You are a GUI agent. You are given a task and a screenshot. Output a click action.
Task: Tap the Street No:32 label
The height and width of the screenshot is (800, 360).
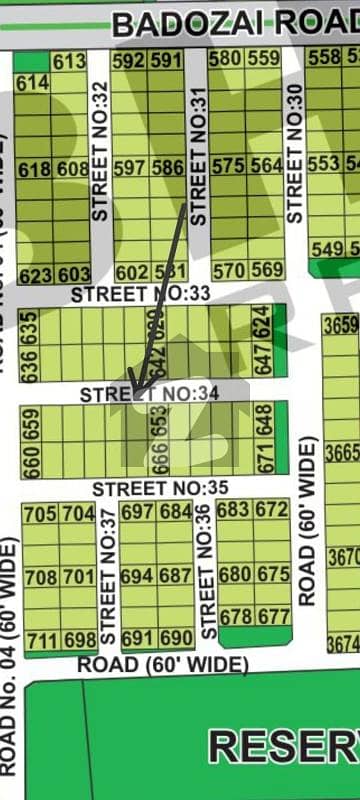[x=99, y=150]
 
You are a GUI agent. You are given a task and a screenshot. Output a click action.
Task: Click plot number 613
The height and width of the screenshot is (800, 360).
[x=70, y=62]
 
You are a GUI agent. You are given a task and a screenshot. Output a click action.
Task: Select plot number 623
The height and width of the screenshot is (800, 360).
[x=34, y=274]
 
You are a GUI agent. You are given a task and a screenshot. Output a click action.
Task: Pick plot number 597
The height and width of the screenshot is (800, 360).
[x=131, y=167]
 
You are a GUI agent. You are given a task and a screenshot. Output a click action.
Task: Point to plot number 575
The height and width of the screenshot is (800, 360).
[x=228, y=166]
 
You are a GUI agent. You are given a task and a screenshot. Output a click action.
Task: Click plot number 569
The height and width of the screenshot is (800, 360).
[x=266, y=270]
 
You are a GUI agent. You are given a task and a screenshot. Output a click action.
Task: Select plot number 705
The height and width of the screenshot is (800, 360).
[x=40, y=514]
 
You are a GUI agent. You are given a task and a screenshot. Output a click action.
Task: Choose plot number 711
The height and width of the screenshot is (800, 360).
[x=40, y=638]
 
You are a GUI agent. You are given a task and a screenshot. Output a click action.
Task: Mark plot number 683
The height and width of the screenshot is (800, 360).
[x=234, y=510]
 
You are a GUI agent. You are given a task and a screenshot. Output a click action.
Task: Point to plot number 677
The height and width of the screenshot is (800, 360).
[x=272, y=617]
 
